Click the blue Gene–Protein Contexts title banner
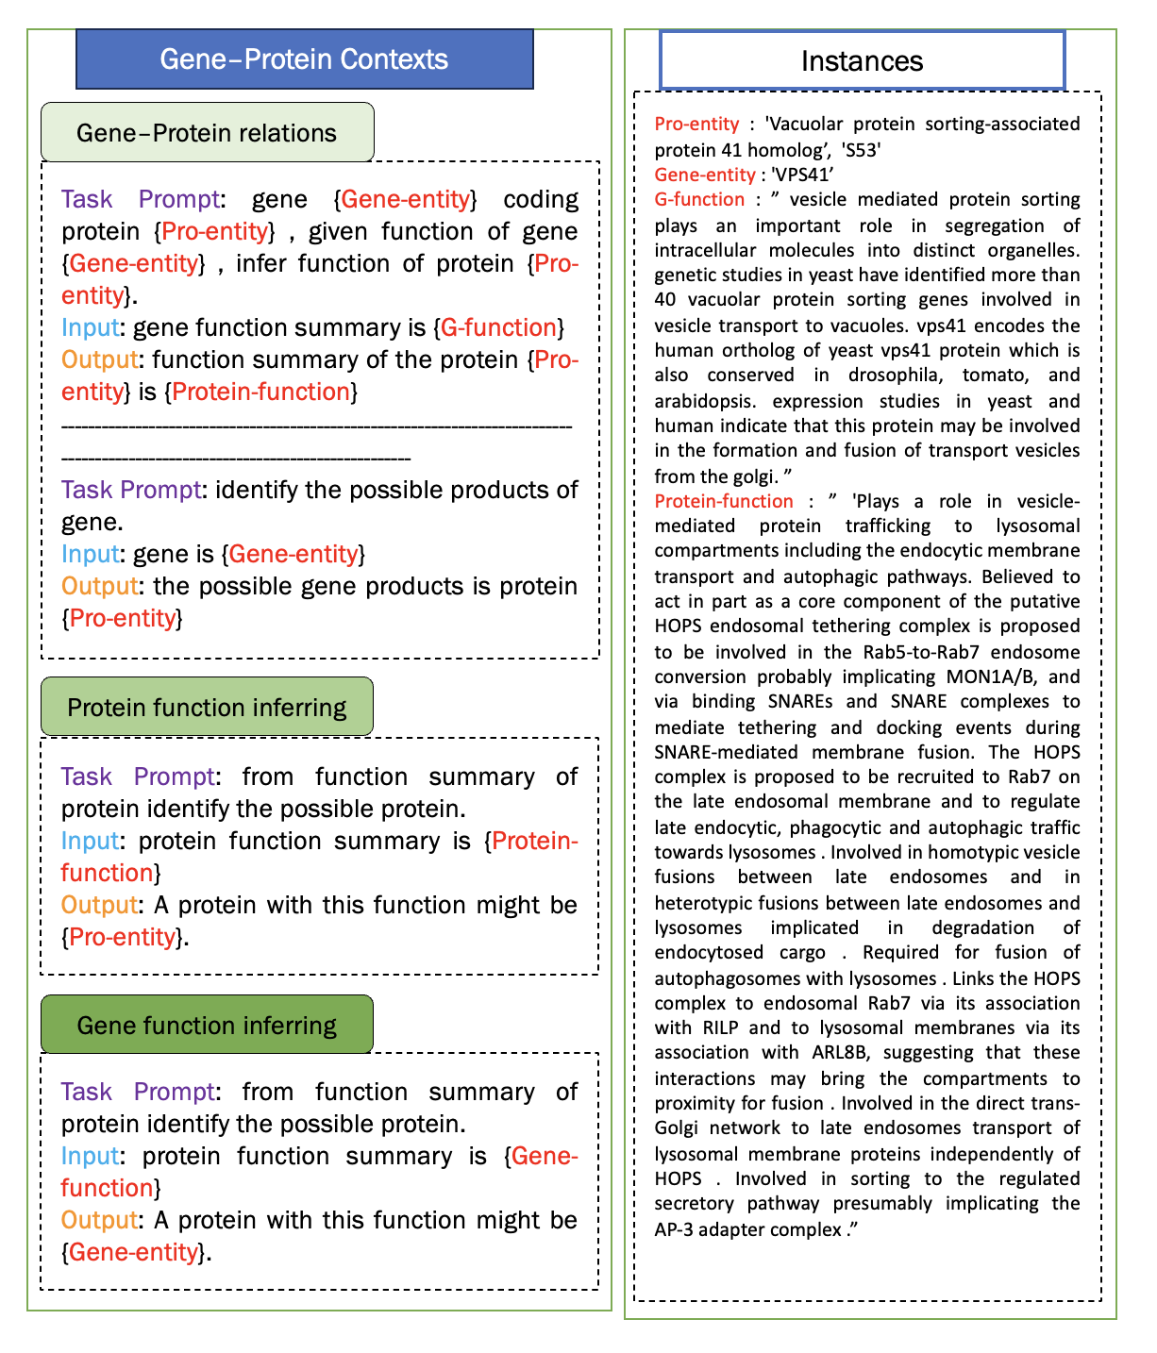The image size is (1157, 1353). [x=304, y=59]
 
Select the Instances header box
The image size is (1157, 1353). [x=861, y=61]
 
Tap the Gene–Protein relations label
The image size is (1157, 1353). [x=207, y=133]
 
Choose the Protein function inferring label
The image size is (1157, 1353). [x=207, y=708]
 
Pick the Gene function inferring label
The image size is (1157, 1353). [x=207, y=1026]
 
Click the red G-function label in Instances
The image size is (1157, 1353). [x=699, y=199]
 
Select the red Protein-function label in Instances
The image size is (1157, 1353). [x=724, y=501]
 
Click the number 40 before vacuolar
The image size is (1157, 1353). [x=666, y=300]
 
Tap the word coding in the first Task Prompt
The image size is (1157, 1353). [x=541, y=199]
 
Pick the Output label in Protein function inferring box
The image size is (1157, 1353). [x=99, y=905]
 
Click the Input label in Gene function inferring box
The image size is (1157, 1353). [x=90, y=1156]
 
